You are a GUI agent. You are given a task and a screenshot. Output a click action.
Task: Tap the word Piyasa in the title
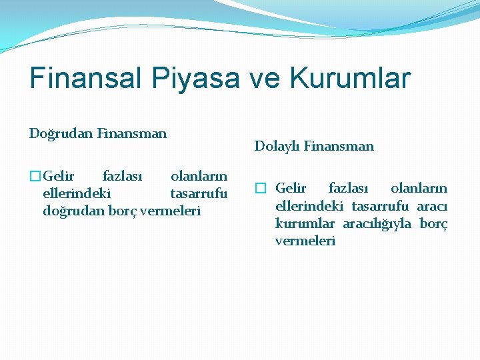pyautogui.click(x=197, y=78)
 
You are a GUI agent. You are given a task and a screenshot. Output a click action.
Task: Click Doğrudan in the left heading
pyautogui.click(x=61, y=134)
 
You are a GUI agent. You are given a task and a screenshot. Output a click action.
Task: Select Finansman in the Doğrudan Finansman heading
pyautogui.click(x=131, y=134)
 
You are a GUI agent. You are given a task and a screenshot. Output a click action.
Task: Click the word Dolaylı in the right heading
pyautogui.click(x=277, y=146)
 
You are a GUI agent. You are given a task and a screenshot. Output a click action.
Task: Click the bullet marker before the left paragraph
pyautogui.click(x=35, y=177)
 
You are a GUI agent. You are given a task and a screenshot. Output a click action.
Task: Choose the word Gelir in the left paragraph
pyautogui.click(x=59, y=177)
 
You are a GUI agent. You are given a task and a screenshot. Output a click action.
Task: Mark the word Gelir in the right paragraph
pyautogui.click(x=291, y=189)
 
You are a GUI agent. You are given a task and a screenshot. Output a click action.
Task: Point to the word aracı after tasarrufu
pyautogui.click(x=432, y=206)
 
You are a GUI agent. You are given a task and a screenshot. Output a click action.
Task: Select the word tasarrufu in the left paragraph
pyautogui.click(x=199, y=194)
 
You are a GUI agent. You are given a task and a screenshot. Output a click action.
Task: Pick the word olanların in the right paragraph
pyautogui.click(x=419, y=189)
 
